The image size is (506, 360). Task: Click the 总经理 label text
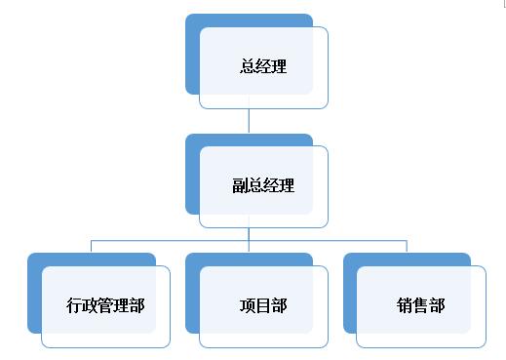pos(263,67)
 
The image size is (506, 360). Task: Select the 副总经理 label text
pos(263,186)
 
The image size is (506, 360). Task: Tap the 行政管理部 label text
pos(106,305)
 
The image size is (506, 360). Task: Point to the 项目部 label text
pos(263,305)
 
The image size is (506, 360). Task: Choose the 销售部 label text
pos(421,305)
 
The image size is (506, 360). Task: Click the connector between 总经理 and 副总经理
pos(250,120)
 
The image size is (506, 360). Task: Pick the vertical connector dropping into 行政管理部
pos(92,246)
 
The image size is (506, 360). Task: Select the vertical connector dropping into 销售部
pos(408,246)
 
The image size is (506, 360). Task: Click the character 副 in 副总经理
pos(240,186)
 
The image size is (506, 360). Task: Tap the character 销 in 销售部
pos(406,305)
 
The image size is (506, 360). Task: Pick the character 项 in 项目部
pos(248,305)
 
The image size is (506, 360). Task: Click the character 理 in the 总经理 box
pos(279,67)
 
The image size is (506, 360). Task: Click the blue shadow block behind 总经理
pos(192,59)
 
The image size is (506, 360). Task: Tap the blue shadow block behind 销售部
pos(350,293)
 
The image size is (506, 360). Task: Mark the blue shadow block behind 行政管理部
pos(34,293)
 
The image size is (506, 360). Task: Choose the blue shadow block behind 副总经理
pos(192,176)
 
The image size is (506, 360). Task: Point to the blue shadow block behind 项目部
pos(192,293)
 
